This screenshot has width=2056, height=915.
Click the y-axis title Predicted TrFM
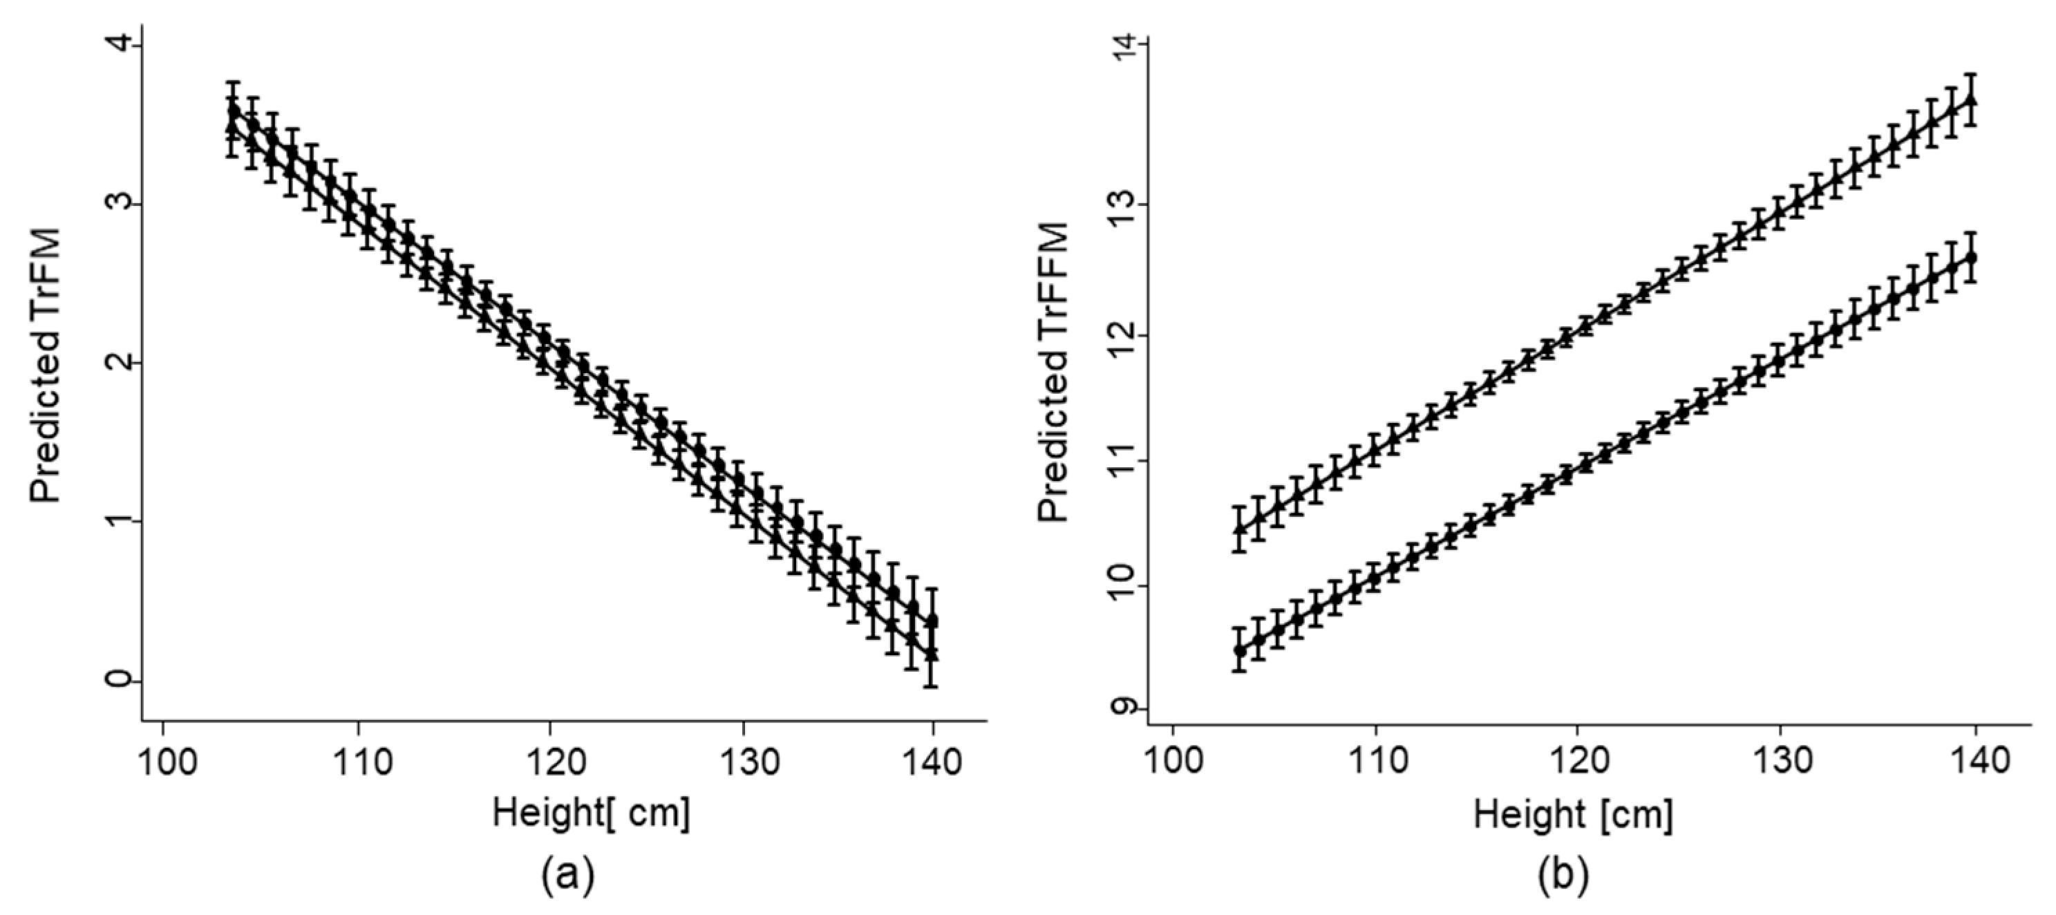[x=46, y=366]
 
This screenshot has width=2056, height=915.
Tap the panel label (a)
[x=567, y=876]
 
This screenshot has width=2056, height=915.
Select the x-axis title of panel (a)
[x=592, y=813]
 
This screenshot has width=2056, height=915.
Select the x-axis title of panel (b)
[x=1572, y=814]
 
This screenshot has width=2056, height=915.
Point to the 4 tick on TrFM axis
[x=120, y=46]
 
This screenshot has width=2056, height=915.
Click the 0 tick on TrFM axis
[x=120, y=680]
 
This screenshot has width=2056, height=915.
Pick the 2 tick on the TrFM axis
[x=120, y=364]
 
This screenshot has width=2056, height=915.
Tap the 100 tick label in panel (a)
[x=164, y=762]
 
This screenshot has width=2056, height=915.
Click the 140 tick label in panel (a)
[x=933, y=762]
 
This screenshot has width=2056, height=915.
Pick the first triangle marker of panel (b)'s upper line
[x=1240, y=529]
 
